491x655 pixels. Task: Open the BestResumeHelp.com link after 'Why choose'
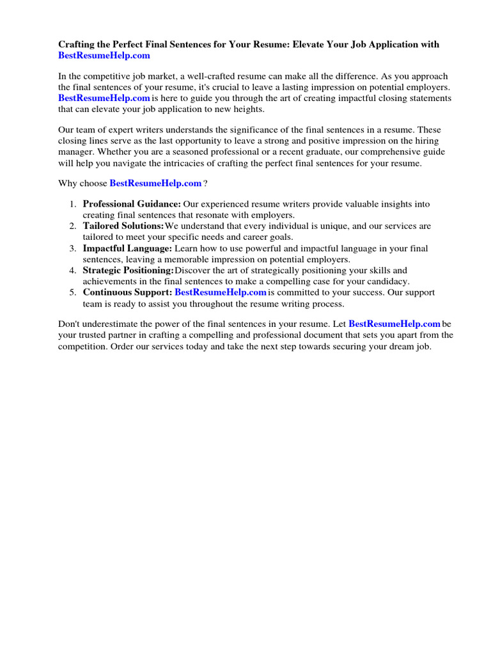(x=155, y=183)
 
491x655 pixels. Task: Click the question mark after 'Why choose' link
(x=205, y=184)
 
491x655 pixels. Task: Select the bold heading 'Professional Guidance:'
(x=132, y=204)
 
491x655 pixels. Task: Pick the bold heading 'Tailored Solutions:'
(x=123, y=226)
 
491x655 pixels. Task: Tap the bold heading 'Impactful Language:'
(x=127, y=248)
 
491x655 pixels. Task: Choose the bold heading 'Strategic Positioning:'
(x=129, y=270)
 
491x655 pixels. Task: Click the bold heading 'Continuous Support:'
(x=127, y=292)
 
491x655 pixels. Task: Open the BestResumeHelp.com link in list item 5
(x=220, y=292)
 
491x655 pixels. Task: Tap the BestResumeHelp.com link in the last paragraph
(x=394, y=324)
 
